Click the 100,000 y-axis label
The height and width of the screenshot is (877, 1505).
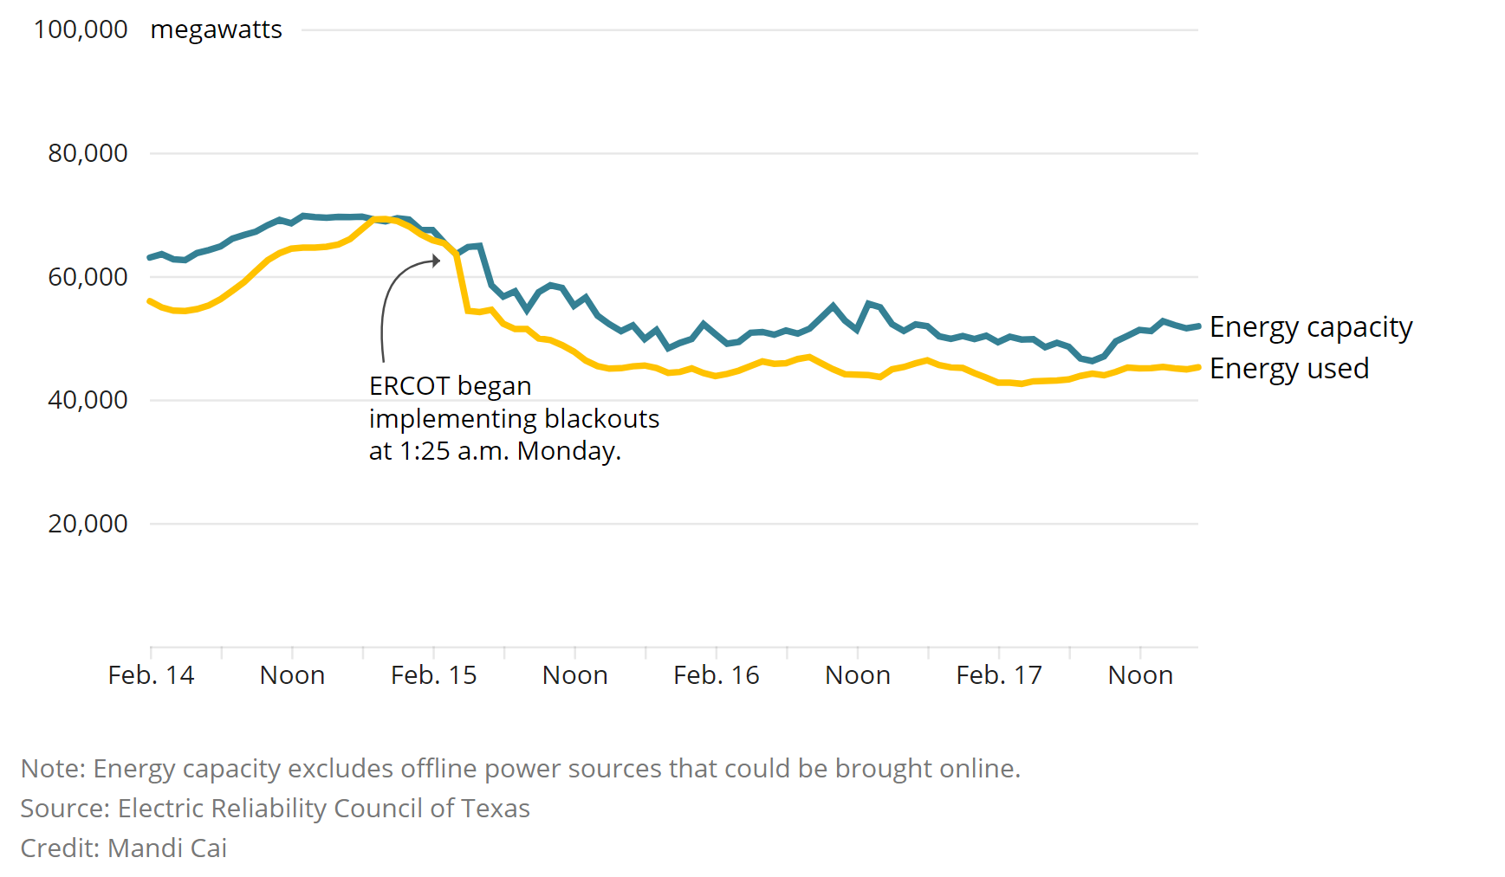81,29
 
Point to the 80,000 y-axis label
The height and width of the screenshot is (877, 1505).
88,153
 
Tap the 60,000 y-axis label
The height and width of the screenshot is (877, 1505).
88,277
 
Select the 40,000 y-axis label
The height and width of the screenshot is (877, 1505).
88,400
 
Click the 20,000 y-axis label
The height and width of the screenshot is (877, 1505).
88,524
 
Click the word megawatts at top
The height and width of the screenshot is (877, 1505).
216,29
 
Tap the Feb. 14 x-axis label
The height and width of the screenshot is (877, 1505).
151,675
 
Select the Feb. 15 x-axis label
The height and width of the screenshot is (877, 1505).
433,675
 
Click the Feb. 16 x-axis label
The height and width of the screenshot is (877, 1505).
716,675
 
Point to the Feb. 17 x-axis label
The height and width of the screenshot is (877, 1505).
998,675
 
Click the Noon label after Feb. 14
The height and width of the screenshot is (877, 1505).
292,675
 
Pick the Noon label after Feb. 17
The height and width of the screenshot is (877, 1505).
1140,675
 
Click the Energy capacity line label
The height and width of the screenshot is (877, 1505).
1310,327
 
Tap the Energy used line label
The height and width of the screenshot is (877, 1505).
1288,369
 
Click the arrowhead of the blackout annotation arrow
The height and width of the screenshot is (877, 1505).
436,260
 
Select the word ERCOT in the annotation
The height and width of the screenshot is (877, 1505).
409,386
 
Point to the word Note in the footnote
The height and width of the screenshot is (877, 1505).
52,769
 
